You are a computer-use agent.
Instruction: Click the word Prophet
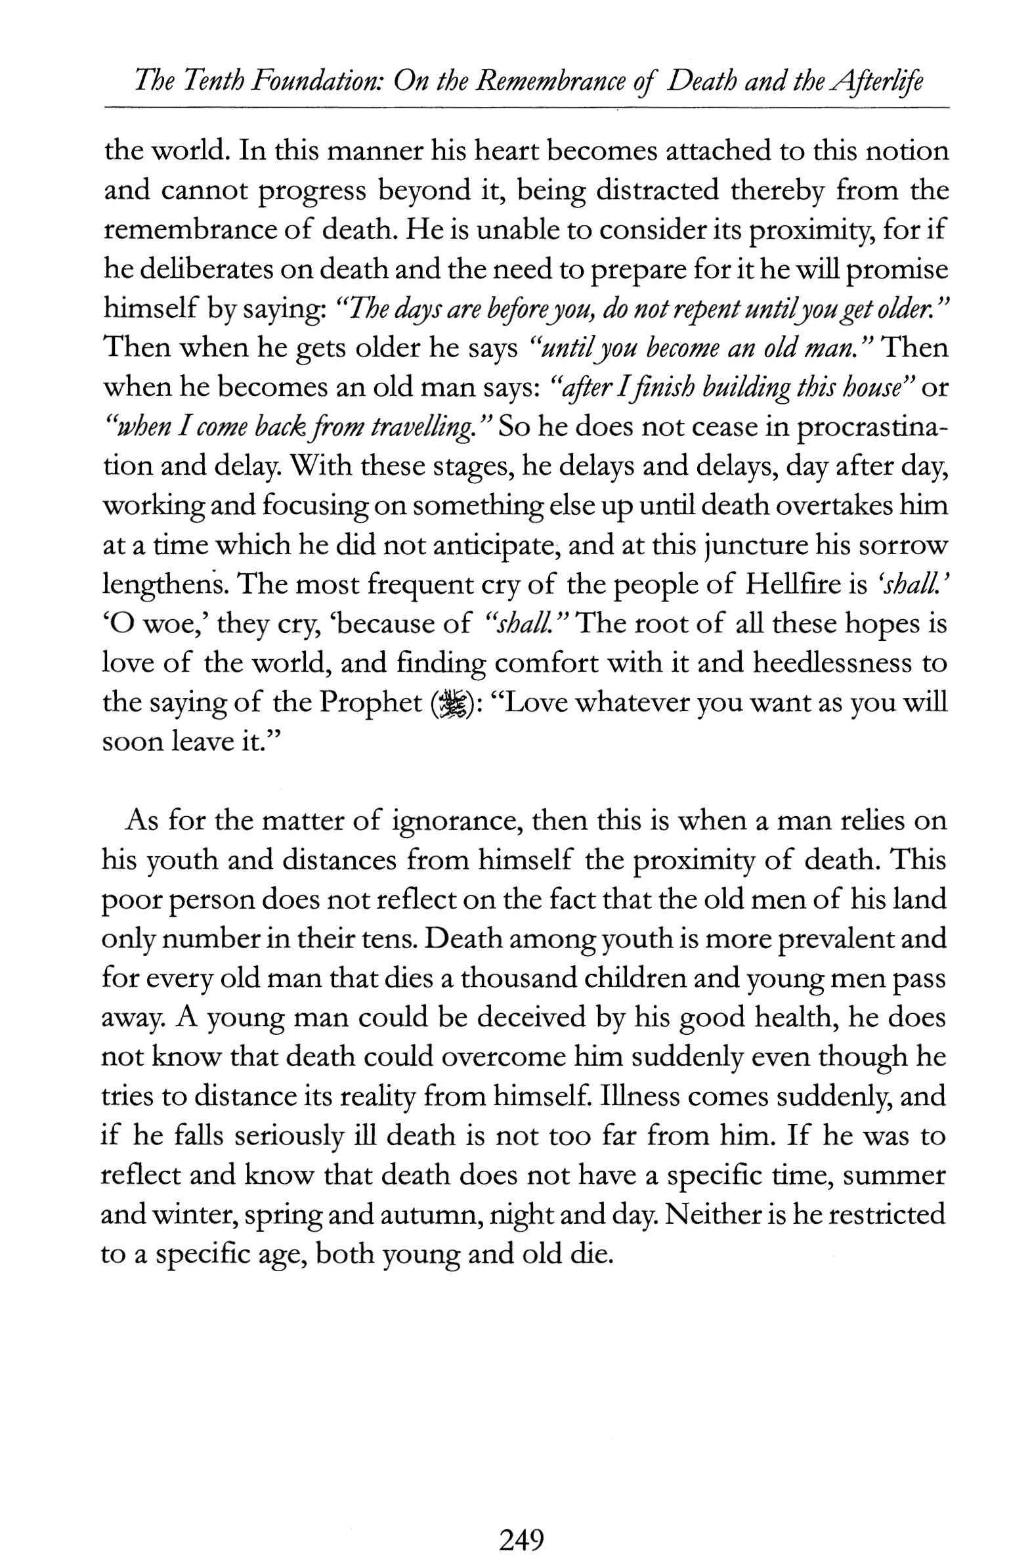tap(371, 703)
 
